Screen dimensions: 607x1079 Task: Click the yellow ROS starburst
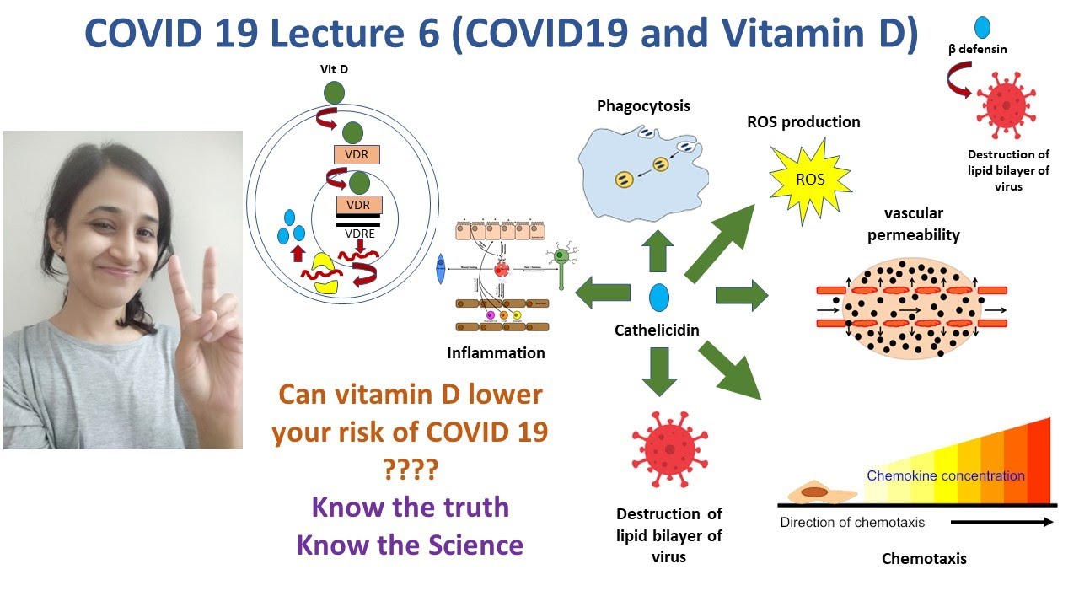pyautogui.click(x=811, y=180)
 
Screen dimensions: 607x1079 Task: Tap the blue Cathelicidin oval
pyautogui.click(x=659, y=298)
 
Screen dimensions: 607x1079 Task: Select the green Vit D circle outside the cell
pyautogui.click(x=335, y=92)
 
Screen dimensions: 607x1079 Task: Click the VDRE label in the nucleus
pyautogui.click(x=360, y=234)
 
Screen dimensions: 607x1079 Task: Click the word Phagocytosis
pyautogui.click(x=643, y=106)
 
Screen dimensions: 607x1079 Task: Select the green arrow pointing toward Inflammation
pyautogui.click(x=602, y=293)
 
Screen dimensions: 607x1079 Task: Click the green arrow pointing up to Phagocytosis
pyautogui.click(x=658, y=250)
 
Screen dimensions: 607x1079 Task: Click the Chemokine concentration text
pyautogui.click(x=945, y=475)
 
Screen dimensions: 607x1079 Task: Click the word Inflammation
pyautogui.click(x=496, y=353)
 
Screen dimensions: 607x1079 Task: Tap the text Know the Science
pyautogui.click(x=410, y=545)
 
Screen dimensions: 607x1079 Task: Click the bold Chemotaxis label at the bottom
pyautogui.click(x=924, y=558)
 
